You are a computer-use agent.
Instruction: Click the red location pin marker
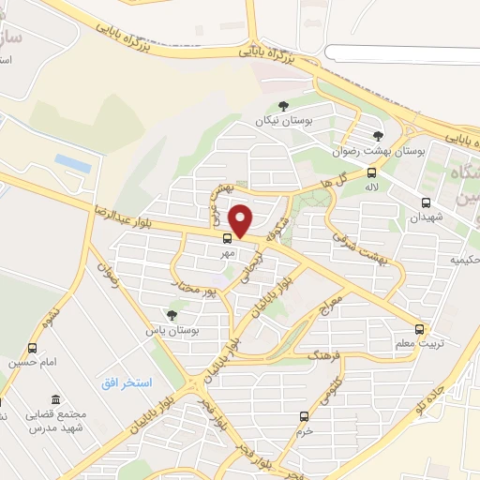[242, 221]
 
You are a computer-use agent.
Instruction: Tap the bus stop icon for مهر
[227, 238]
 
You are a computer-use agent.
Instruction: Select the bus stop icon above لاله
[372, 172]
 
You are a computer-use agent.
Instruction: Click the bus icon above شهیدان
[427, 202]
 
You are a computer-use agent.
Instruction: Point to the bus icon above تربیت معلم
[419, 330]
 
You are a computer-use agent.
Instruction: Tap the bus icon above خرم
[303, 416]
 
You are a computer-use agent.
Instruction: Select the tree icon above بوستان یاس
[171, 316]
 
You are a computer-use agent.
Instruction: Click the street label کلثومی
[335, 387]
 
